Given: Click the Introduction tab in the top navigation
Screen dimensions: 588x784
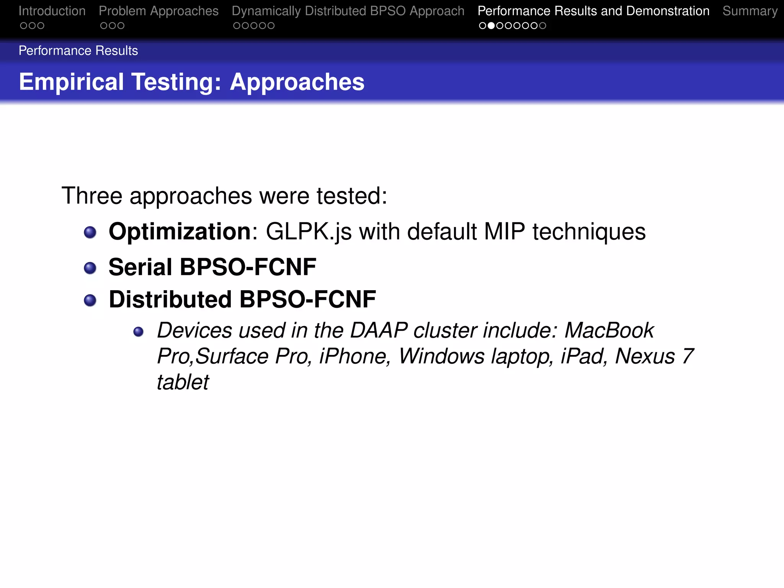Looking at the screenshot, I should [x=52, y=11].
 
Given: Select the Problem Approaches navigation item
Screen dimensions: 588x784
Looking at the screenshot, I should [x=158, y=11].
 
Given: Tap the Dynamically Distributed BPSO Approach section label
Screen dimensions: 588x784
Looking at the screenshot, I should [x=348, y=11].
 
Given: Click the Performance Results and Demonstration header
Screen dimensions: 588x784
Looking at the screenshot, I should [x=593, y=11].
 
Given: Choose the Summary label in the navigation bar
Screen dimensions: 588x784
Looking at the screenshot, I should [x=750, y=11].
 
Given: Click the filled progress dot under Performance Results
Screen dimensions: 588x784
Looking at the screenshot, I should [x=491, y=26].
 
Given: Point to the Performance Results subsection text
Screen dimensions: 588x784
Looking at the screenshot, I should [x=78, y=51].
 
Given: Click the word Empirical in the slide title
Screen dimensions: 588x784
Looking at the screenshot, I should [x=71, y=82].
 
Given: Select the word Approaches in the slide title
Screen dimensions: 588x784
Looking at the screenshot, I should [x=297, y=82].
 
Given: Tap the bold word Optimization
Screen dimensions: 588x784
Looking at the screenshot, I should [x=180, y=232].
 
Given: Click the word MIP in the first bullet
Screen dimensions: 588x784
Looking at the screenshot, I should [x=505, y=232].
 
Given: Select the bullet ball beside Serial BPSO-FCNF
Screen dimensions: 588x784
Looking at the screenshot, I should [x=90, y=268].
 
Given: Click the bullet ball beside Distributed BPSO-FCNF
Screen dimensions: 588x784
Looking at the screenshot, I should [x=90, y=300].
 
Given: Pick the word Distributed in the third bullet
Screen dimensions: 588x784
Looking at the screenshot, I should [x=170, y=299].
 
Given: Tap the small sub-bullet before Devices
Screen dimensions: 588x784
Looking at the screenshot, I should [x=139, y=332].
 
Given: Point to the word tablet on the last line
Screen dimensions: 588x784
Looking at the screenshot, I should [x=183, y=382].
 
